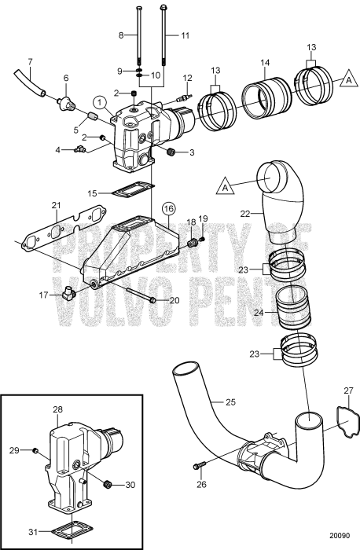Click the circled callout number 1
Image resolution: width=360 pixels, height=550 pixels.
click(98, 101)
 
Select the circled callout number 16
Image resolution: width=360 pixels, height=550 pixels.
click(168, 208)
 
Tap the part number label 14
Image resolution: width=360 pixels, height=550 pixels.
click(265, 61)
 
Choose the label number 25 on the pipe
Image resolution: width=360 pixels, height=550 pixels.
click(230, 401)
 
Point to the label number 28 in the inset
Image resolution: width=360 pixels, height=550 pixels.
click(57, 410)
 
